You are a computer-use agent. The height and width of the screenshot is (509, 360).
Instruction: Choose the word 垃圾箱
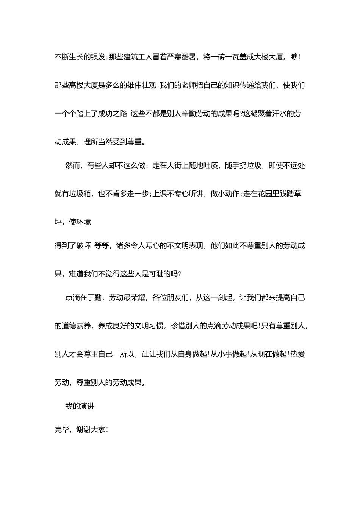(x=80, y=194)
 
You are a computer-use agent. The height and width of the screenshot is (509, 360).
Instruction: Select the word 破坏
(x=84, y=245)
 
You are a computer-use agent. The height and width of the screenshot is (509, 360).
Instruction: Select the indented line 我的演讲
(x=80, y=406)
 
